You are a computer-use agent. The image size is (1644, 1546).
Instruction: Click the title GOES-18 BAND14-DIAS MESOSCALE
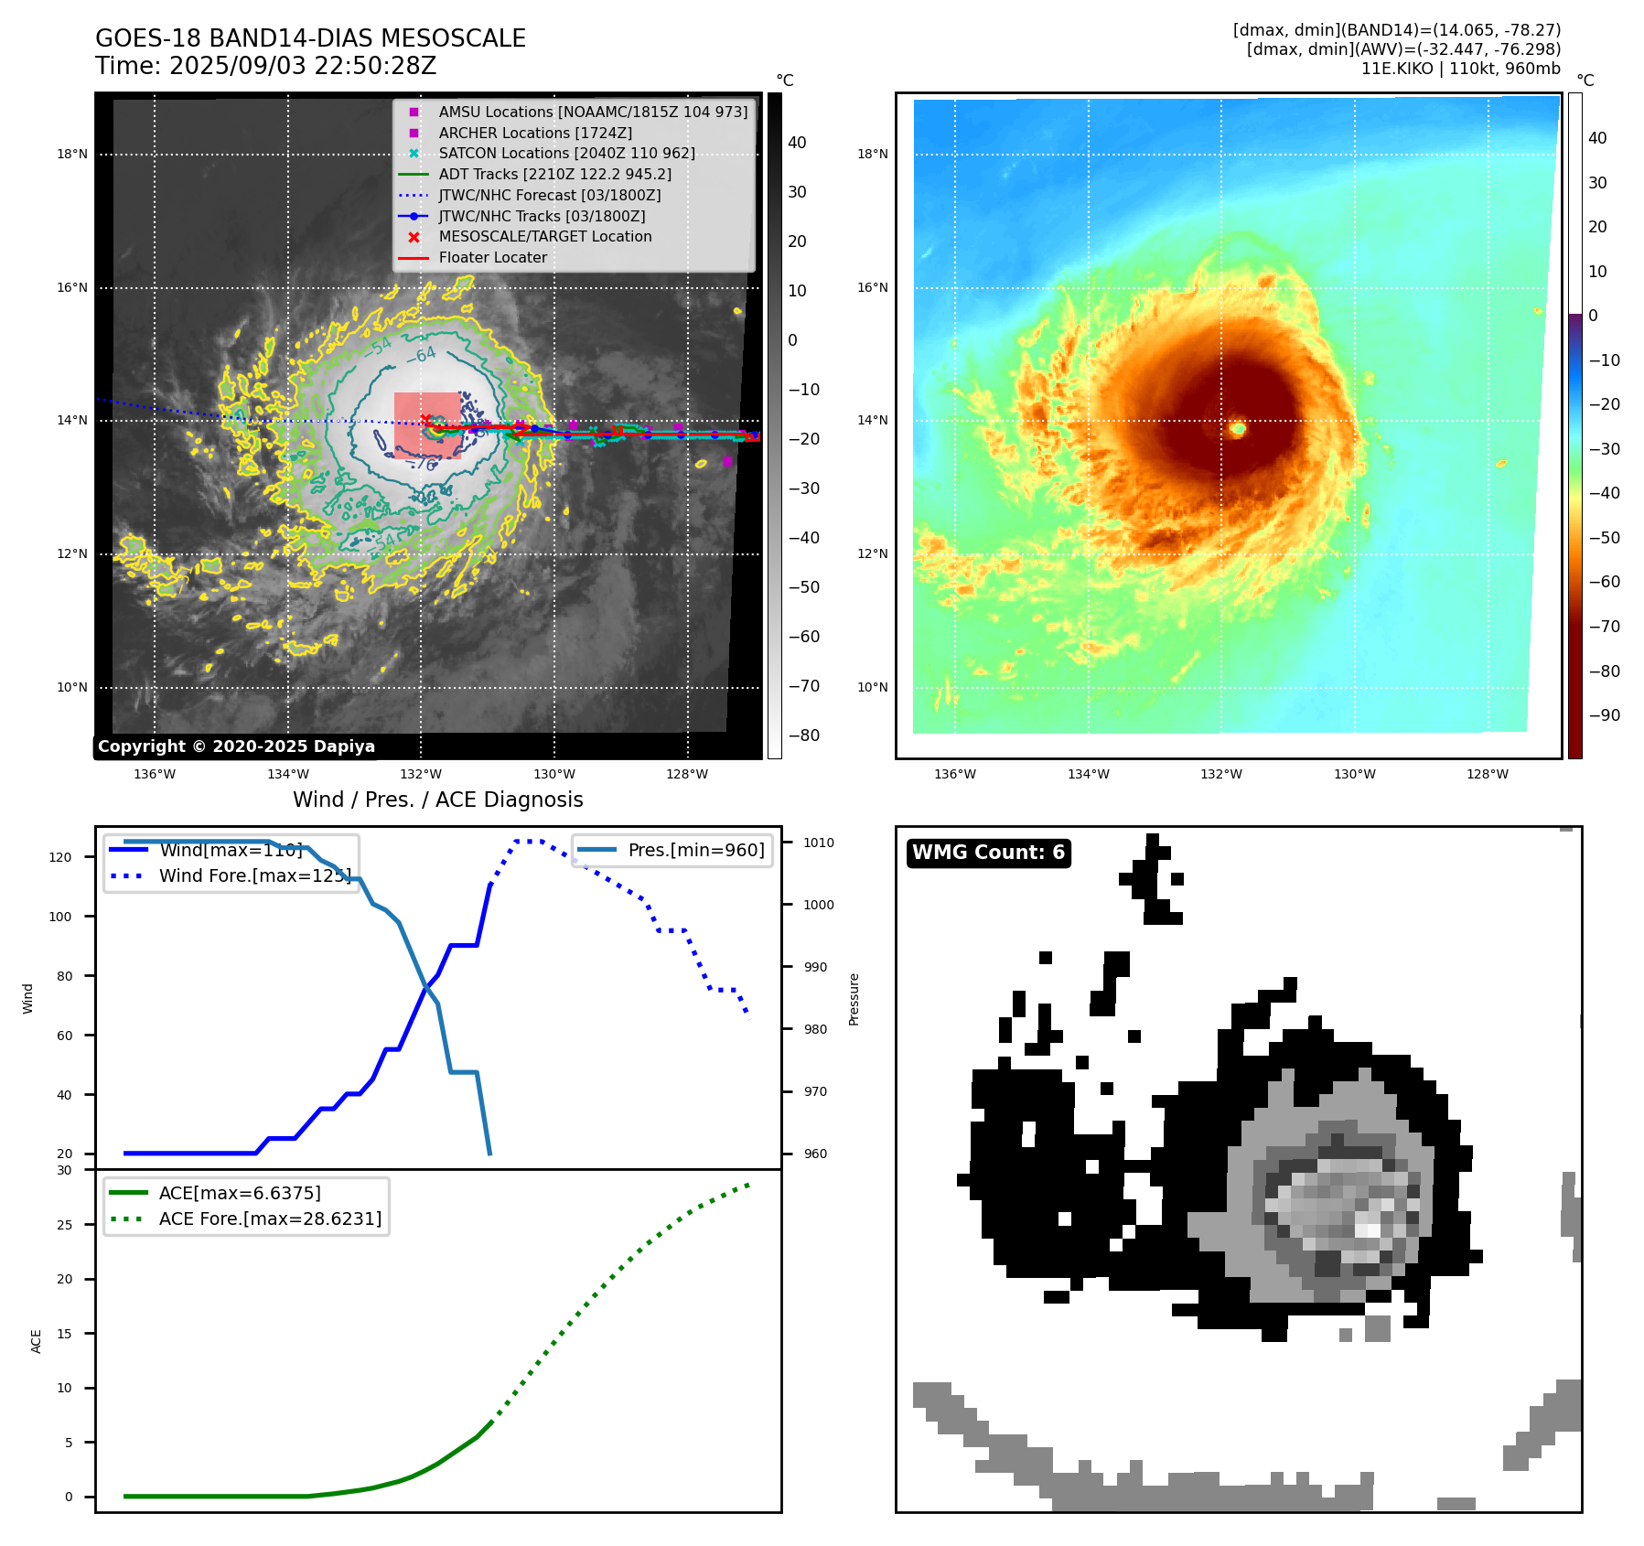point(310,38)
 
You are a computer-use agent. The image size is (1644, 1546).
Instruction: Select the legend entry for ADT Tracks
point(554,174)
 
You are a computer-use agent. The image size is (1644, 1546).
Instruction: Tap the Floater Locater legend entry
point(492,257)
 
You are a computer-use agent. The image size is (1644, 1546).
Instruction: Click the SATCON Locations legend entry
point(566,153)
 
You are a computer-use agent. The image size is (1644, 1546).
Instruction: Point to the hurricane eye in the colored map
point(1238,427)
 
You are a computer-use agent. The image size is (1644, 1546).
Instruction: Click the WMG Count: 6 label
point(988,853)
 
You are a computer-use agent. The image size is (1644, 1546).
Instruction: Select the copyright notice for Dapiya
point(236,746)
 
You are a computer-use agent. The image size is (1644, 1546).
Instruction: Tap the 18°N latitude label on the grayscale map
point(72,154)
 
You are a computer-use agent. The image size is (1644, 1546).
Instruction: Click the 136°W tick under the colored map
point(954,774)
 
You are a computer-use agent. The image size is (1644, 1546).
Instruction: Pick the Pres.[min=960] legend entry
point(695,850)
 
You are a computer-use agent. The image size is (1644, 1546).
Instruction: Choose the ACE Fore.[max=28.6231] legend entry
point(270,1219)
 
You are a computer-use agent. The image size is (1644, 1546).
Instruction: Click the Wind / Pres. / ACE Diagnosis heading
point(437,800)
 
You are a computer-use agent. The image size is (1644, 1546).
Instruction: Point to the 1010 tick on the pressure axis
point(819,843)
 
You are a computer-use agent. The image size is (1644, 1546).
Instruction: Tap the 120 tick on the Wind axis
point(60,857)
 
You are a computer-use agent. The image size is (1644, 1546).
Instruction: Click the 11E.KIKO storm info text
point(1460,69)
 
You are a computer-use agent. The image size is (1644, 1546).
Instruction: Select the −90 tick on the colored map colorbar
point(1604,715)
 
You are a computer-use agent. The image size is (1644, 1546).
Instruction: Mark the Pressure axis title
point(854,999)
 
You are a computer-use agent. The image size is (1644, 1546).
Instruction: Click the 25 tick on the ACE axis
point(64,1225)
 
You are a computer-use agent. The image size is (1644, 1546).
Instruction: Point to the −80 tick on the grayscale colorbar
point(804,735)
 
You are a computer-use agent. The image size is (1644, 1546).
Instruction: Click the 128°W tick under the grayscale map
point(687,774)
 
